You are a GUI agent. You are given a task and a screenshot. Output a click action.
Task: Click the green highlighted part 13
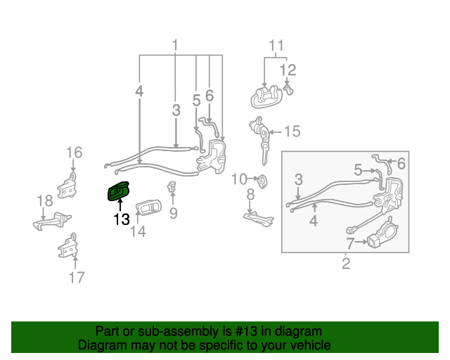(x=117, y=191)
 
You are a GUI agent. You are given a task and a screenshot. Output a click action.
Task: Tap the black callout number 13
(x=121, y=219)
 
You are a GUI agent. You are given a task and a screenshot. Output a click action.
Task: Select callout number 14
(x=138, y=231)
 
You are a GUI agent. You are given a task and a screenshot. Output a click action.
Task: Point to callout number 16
(x=74, y=152)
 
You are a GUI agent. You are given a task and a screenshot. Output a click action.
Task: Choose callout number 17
(x=76, y=277)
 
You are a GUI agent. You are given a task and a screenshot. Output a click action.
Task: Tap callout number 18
(x=44, y=200)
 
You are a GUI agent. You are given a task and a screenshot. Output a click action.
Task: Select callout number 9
(x=173, y=212)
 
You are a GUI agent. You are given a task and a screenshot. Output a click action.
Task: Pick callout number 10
(x=239, y=179)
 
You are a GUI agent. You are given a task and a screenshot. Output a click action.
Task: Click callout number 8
(x=250, y=195)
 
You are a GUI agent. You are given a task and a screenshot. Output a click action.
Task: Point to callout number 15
(x=292, y=131)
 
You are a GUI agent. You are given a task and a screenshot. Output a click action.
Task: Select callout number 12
(x=288, y=70)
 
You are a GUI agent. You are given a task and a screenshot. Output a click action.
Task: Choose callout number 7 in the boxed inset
(x=350, y=243)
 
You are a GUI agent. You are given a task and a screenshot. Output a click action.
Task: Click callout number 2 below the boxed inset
(x=346, y=264)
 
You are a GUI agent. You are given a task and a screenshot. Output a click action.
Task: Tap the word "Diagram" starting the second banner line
(x=101, y=345)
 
